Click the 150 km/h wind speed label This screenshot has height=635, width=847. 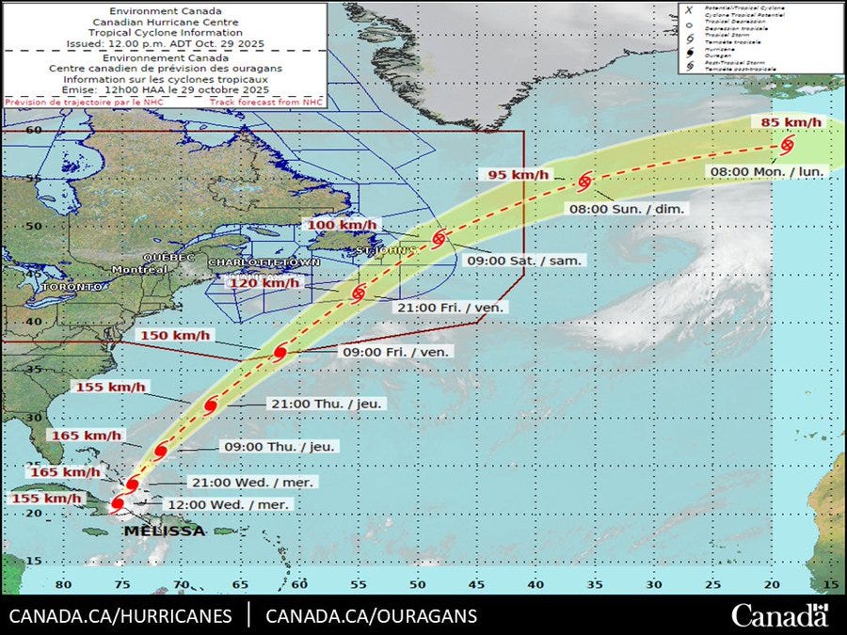click(x=176, y=336)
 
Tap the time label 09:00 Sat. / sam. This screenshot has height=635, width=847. click(x=525, y=260)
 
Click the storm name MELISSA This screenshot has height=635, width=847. click(x=163, y=532)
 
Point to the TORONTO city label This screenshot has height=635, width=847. click(x=72, y=286)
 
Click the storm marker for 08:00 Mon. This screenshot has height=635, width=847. click(x=787, y=145)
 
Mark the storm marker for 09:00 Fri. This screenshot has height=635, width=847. click(x=280, y=353)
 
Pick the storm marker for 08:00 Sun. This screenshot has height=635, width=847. click(x=585, y=181)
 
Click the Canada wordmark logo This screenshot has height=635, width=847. click(x=780, y=616)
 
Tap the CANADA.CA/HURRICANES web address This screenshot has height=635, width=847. click(x=120, y=617)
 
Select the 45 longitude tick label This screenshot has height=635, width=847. click(x=477, y=584)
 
